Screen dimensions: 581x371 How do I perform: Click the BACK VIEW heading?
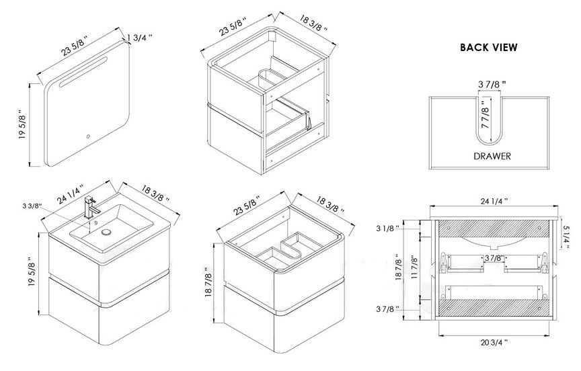(489, 48)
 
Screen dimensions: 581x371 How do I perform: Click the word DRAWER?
(492, 156)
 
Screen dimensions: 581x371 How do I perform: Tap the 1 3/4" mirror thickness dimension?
(140, 38)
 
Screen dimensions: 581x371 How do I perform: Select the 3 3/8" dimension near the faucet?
(32, 206)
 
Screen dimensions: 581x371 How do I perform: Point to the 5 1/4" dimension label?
(566, 238)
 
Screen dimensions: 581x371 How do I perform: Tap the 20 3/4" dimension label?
(494, 343)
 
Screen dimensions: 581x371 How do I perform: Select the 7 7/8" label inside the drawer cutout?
(486, 118)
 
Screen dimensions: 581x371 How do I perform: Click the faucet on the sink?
(91, 208)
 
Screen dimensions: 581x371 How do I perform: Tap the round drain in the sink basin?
(106, 232)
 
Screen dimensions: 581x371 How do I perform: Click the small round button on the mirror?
(88, 136)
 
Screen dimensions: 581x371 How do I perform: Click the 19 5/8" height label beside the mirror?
(23, 124)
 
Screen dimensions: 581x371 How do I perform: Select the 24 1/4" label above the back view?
(494, 201)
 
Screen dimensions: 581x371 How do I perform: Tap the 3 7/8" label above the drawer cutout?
(492, 85)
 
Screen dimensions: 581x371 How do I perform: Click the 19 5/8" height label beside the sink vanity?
(32, 272)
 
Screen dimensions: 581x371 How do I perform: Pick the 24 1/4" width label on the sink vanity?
(71, 194)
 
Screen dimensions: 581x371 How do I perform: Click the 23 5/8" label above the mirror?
(75, 46)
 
